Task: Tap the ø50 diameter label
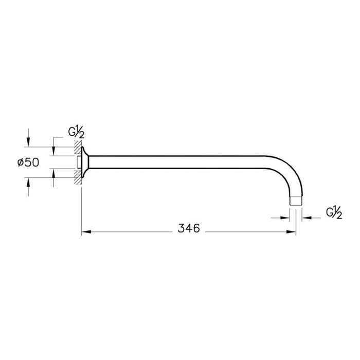pos(28,162)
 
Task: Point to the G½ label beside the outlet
pos(334,212)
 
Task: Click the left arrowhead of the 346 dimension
pos(86,232)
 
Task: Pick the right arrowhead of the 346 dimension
pos(292,232)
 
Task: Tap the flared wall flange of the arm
pos(85,162)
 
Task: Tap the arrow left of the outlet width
pos(284,218)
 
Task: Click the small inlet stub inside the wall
pos(78,162)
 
